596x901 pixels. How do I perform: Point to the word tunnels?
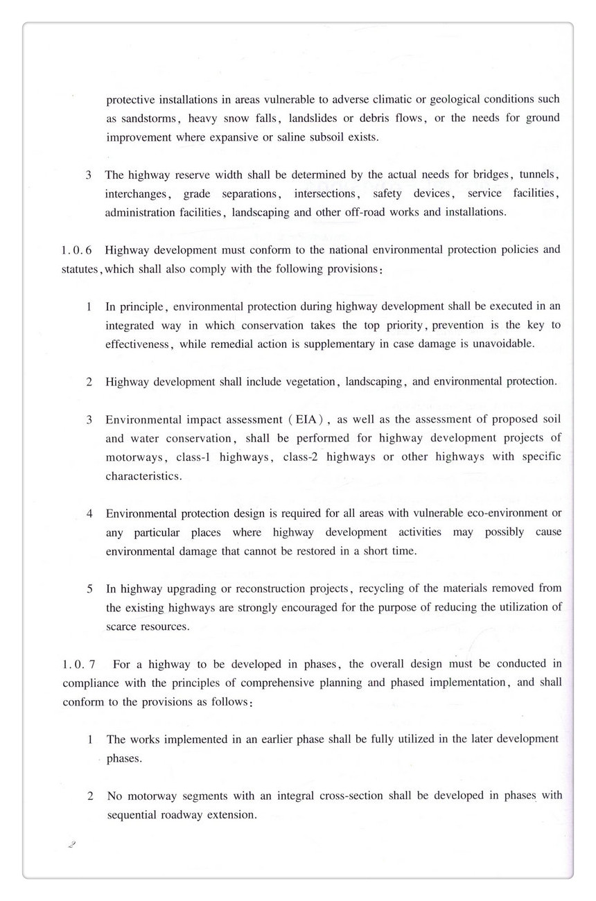[x=538, y=175]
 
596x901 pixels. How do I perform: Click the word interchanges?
[x=137, y=194]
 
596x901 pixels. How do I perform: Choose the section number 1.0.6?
[x=76, y=250]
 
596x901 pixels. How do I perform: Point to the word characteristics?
[x=143, y=477]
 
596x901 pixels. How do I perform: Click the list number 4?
[x=90, y=514]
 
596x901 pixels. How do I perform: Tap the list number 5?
[x=90, y=589]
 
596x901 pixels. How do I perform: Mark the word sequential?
[x=140, y=815]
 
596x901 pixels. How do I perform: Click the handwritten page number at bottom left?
[x=71, y=845]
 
